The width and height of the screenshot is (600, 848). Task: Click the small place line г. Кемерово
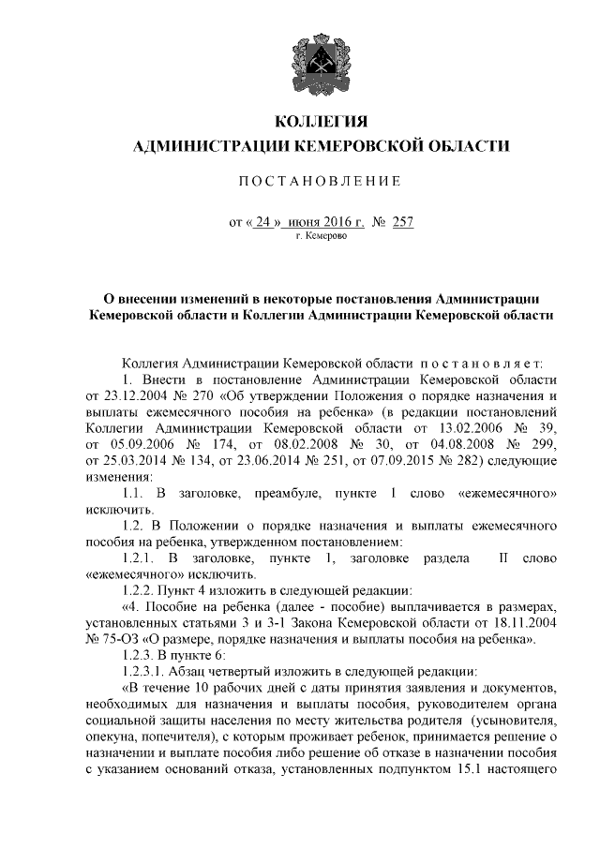322,238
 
